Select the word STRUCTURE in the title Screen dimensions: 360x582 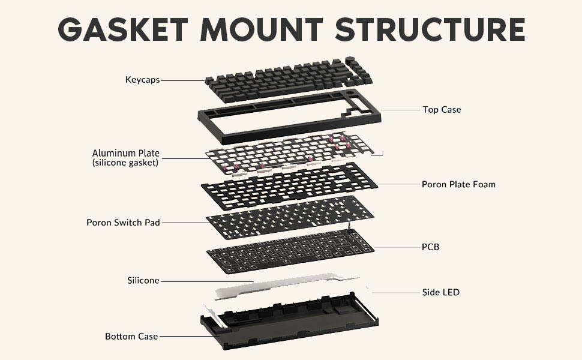(x=430, y=29)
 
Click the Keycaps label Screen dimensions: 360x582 (x=142, y=79)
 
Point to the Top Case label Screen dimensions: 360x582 (x=442, y=110)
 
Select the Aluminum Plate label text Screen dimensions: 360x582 (x=125, y=153)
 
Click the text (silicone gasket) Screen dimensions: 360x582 (x=125, y=163)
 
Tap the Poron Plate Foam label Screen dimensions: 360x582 (x=458, y=184)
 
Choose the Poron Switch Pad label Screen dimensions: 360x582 (x=123, y=223)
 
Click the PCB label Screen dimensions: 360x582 (x=431, y=247)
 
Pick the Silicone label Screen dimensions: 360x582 (x=143, y=280)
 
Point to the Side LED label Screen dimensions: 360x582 (x=441, y=292)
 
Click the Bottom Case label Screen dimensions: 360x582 (x=131, y=337)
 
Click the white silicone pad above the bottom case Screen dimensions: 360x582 (x=282, y=288)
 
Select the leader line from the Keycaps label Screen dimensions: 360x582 (x=183, y=80)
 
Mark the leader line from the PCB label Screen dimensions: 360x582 (x=396, y=247)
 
